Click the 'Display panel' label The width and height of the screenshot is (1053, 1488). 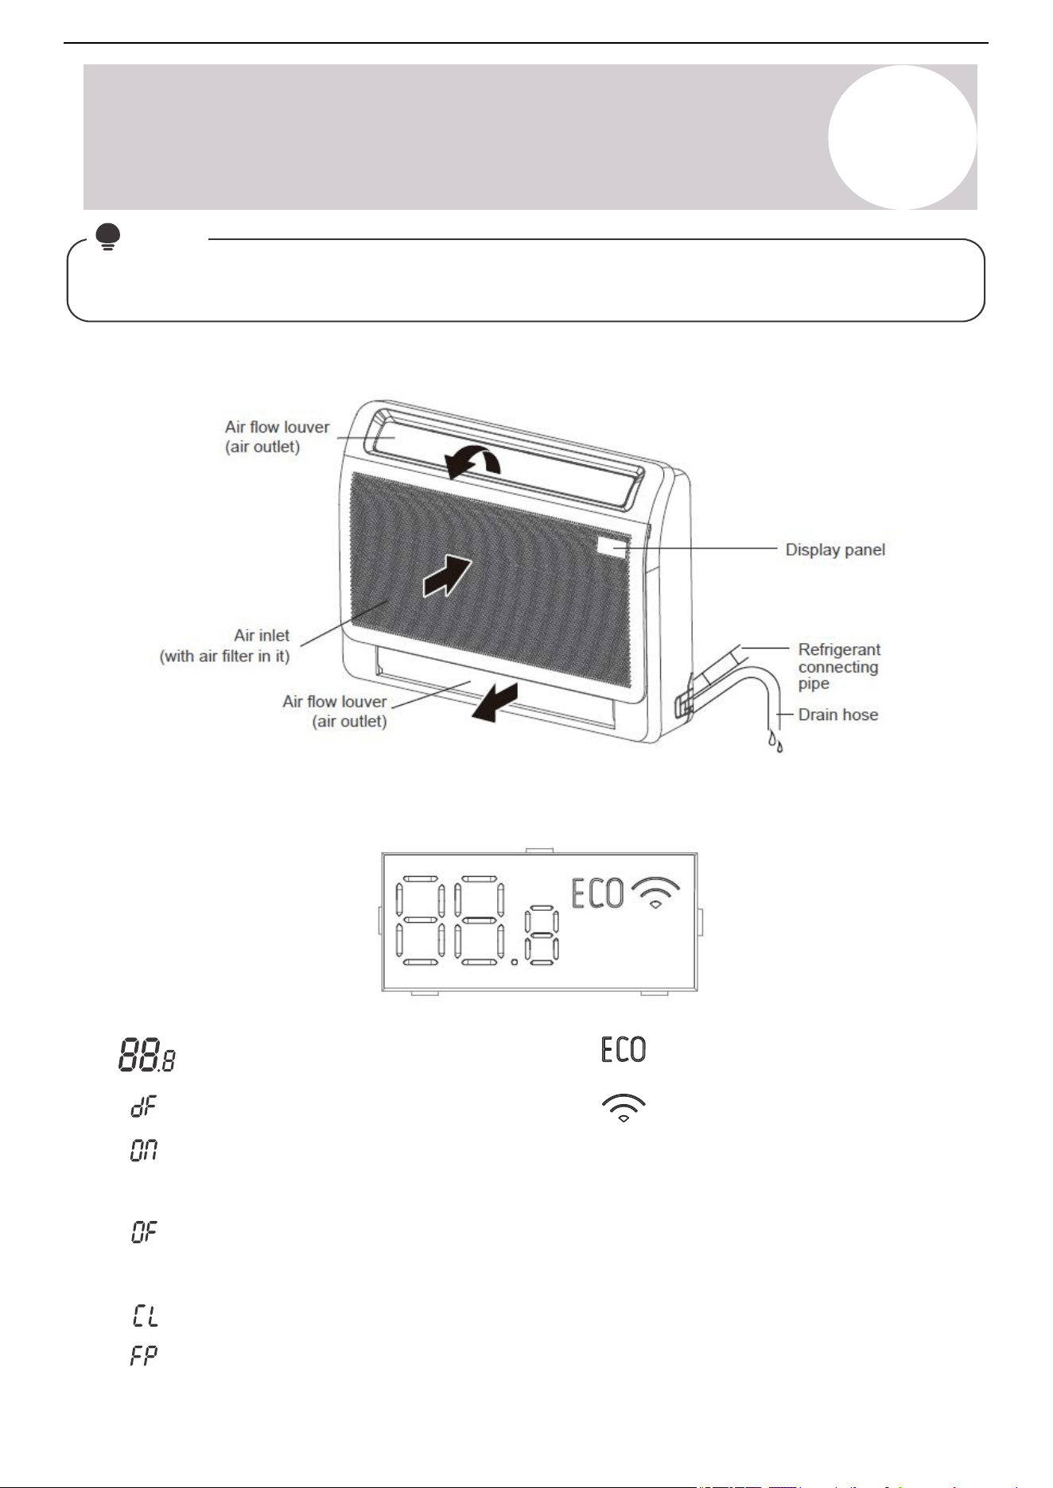tap(835, 549)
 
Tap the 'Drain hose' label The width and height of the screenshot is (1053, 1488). tap(838, 715)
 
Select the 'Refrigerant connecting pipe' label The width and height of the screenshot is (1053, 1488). tap(839, 666)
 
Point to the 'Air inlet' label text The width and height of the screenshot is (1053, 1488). tap(262, 635)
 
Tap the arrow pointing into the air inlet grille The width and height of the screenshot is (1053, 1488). tap(447, 575)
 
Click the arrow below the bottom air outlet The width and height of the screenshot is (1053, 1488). tap(495, 701)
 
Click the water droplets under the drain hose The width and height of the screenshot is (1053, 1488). tap(775, 742)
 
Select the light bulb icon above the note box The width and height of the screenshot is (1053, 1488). tap(107, 236)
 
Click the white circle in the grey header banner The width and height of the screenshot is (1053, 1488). tap(903, 137)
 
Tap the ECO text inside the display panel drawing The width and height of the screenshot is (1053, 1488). tap(597, 893)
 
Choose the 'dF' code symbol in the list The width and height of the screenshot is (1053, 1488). tap(144, 1106)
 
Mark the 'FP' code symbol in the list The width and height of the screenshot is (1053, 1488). tap(144, 1356)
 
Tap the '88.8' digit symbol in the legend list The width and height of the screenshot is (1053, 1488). tap(147, 1056)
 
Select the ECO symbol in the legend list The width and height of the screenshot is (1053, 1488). tap(624, 1049)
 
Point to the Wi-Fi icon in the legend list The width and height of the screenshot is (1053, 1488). tap(624, 1108)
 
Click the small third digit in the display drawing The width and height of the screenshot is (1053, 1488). tap(543, 938)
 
